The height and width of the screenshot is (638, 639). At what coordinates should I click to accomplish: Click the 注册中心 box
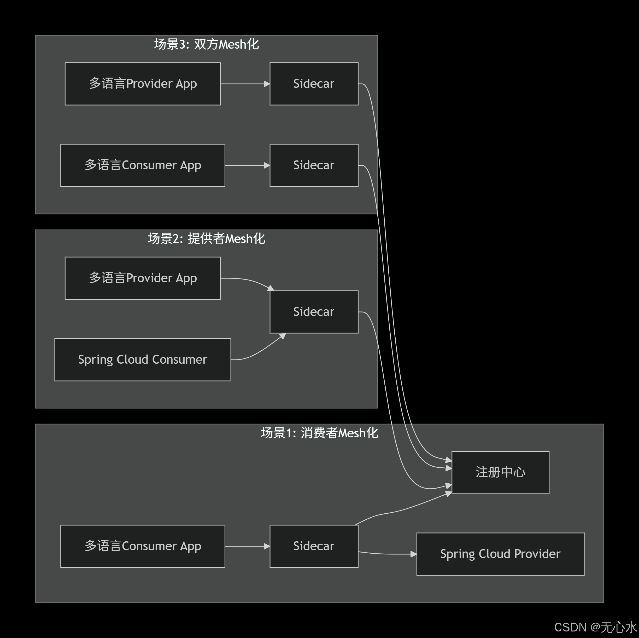tap(500, 472)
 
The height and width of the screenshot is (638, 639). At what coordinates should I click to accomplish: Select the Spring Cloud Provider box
tap(500, 554)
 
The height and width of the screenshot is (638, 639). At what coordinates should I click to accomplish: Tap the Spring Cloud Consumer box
tap(143, 359)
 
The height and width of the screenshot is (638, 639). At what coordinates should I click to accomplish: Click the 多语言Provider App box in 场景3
tap(143, 84)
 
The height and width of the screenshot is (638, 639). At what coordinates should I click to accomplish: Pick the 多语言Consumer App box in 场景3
tap(143, 165)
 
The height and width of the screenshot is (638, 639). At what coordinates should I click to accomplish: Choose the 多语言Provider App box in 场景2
tap(143, 278)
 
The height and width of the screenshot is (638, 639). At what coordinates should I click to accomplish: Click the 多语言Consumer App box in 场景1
tap(143, 546)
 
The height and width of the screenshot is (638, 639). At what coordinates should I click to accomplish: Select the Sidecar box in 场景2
tap(314, 312)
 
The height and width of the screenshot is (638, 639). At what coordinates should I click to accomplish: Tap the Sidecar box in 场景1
tap(314, 546)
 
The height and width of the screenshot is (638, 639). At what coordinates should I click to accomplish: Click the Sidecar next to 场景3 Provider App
tap(314, 84)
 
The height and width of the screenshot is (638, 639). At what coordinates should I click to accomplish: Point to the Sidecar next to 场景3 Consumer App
tap(314, 165)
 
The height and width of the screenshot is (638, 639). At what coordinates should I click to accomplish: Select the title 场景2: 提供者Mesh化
tap(206, 239)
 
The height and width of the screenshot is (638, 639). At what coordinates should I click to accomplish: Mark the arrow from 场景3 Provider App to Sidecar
tap(245, 84)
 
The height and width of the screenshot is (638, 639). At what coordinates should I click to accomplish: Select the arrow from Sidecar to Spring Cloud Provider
tap(387, 554)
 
